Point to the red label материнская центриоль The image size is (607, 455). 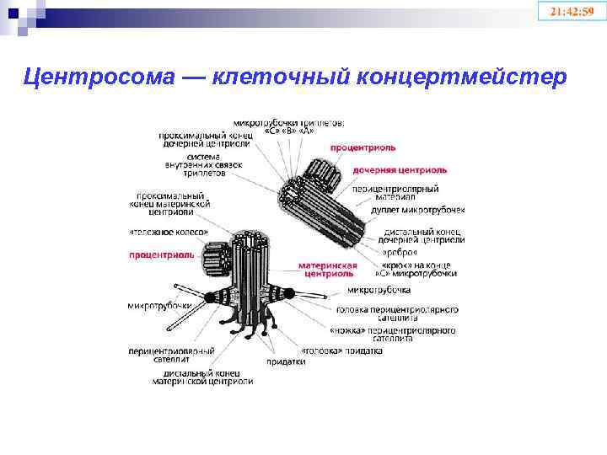322,269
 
